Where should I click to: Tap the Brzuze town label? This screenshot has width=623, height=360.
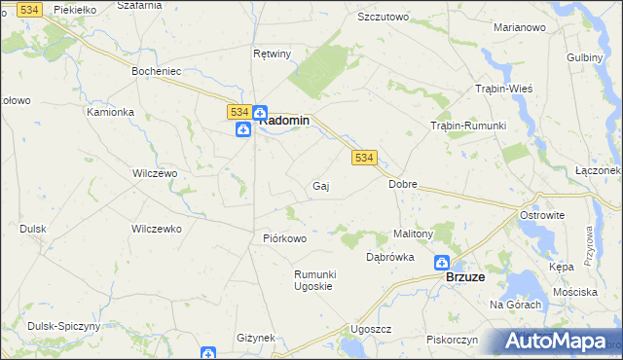click(x=465, y=276)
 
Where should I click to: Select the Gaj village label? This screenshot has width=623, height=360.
click(x=319, y=186)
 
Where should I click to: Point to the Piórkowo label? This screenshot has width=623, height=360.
click(x=285, y=238)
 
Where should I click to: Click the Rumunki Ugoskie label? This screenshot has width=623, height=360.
click(x=314, y=280)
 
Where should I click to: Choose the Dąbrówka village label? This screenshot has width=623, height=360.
click(x=390, y=258)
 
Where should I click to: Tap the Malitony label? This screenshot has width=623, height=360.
click(x=413, y=234)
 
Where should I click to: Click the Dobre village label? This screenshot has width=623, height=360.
click(x=402, y=183)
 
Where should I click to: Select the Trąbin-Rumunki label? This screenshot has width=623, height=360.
click(x=468, y=126)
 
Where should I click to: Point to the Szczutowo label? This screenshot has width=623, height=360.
click(x=383, y=18)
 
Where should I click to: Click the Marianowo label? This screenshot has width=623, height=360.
click(x=519, y=27)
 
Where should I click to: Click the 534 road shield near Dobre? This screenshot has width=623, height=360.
click(x=364, y=157)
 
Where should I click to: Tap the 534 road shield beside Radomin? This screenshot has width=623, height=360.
click(x=239, y=113)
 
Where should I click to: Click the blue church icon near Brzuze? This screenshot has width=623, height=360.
click(x=441, y=263)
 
